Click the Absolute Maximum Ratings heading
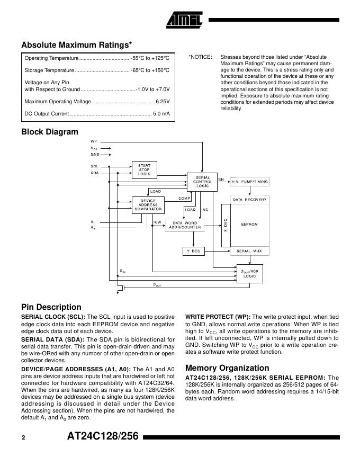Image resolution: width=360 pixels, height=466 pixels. tap(77, 45)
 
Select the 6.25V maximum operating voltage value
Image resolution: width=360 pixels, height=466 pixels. tap(162, 101)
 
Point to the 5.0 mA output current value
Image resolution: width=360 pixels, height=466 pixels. tap(161, 114)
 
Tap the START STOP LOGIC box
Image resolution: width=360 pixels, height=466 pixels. tap(144, 169)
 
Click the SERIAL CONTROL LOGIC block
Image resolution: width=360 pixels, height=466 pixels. tap(202, 182)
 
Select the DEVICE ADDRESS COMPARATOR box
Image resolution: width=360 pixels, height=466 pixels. tap(148, 205)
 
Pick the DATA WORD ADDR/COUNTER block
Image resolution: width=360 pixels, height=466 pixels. tap(185, 225)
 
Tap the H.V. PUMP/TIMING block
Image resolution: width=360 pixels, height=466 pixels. tap(250, 182)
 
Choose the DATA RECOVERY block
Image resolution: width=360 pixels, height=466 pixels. tap(250, 199)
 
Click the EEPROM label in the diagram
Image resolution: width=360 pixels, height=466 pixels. tap(249, 225)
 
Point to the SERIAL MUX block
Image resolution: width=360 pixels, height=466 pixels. tap(249, 250)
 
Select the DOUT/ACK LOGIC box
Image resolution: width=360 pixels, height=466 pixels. tap(249, 273)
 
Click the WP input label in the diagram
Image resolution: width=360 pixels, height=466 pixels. tap(94, 142)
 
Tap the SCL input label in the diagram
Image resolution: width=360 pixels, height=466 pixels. tap(94, 166)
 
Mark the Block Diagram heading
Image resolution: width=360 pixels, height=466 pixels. tap(49, 132)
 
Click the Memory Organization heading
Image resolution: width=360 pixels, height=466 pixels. tap(227, 368)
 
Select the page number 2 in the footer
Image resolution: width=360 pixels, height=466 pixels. tap(23, 438)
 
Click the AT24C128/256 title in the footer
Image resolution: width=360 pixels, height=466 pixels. tap(103, 437)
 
